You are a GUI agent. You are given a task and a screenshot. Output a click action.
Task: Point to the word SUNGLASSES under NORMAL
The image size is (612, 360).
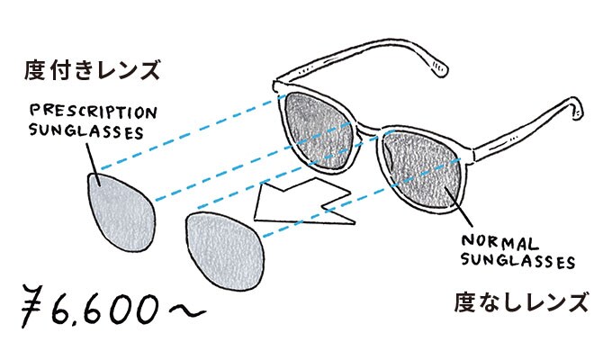coord(517,262)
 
